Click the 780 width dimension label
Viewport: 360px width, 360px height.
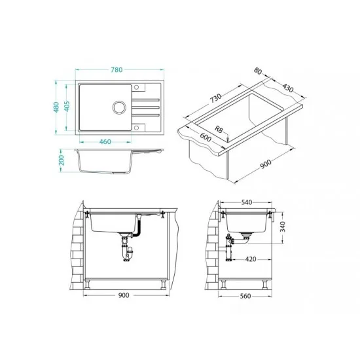pos(117,69)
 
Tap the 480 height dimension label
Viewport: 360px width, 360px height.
pos(56,107)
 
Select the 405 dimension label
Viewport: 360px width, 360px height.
pos(67,106)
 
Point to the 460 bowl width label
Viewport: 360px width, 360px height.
pos(105,141)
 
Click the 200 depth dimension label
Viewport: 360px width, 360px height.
pos(62,160)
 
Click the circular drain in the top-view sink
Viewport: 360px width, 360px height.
pos(119,107)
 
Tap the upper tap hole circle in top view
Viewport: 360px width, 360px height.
pos(136,87)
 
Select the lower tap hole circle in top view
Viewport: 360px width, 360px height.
pos(136,128)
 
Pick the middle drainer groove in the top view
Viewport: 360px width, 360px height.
pos(145,107)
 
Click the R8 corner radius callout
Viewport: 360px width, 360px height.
pos(219,130)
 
